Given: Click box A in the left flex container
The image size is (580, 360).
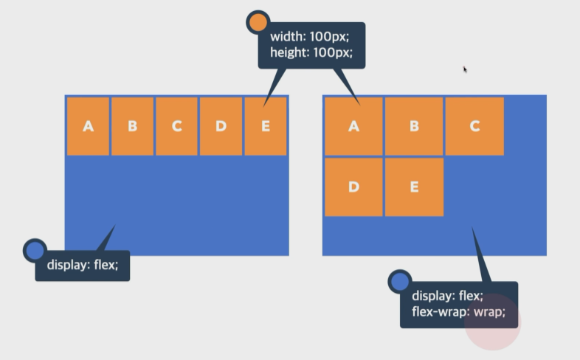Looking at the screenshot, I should (x=89, y=126).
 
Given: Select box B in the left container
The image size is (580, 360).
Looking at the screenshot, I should (x=133, y=126).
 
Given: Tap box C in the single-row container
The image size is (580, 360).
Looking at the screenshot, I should (x=177, y=126).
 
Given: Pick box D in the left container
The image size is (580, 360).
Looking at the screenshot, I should (x=221, y=126).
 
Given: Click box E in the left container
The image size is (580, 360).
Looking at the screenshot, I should (x=266, y=126).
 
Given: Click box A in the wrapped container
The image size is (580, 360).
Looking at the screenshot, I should (x=353, y=126).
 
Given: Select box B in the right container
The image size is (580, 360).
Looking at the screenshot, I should (x=414, y=126).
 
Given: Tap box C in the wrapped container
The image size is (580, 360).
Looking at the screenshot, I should (x=474, y=126).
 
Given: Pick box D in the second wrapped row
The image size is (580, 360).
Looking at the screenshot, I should (x=353, y=187).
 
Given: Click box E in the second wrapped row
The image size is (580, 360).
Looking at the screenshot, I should (x=414, y=187).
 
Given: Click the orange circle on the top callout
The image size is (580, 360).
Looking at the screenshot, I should (x=258, y=22).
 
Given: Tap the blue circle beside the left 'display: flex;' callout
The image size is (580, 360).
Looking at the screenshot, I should (x=35, y=250).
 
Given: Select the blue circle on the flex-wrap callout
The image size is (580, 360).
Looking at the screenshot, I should (x=399, y=281).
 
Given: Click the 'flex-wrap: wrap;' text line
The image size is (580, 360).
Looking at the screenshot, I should (x=458, y=311).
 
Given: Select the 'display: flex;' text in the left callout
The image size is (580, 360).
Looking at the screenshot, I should (x=83, y=265).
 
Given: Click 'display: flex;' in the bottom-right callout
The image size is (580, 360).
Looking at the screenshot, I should (x=447, y=296).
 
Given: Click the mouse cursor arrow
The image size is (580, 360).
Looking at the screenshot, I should (x=465, y=69).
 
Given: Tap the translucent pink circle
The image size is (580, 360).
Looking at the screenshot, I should (x=493, y=322).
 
